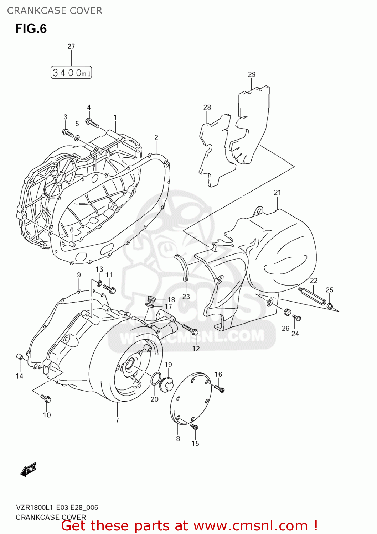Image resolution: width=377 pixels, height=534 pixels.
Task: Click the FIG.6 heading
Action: point(31,29)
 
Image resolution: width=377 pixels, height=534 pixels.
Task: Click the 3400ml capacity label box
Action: point(71,73)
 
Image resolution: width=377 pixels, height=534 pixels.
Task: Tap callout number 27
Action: point(71,46)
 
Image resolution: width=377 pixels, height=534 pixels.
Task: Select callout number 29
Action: point(252,74)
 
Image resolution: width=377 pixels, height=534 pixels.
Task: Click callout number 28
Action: point(207,107)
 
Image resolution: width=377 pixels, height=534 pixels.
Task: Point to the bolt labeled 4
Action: point(92,123)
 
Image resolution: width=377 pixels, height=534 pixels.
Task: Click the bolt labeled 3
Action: point(68,133)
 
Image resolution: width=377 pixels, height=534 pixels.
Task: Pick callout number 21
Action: point(277,193)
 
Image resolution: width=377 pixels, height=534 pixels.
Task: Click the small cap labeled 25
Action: point(330,306)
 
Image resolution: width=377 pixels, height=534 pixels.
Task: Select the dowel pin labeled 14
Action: point(20,357)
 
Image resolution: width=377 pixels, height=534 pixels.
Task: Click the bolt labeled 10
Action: point(46,398)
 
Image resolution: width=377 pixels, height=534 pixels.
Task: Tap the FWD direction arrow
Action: point(29,470)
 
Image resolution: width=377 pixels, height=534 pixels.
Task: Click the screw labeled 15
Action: point(194,427)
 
